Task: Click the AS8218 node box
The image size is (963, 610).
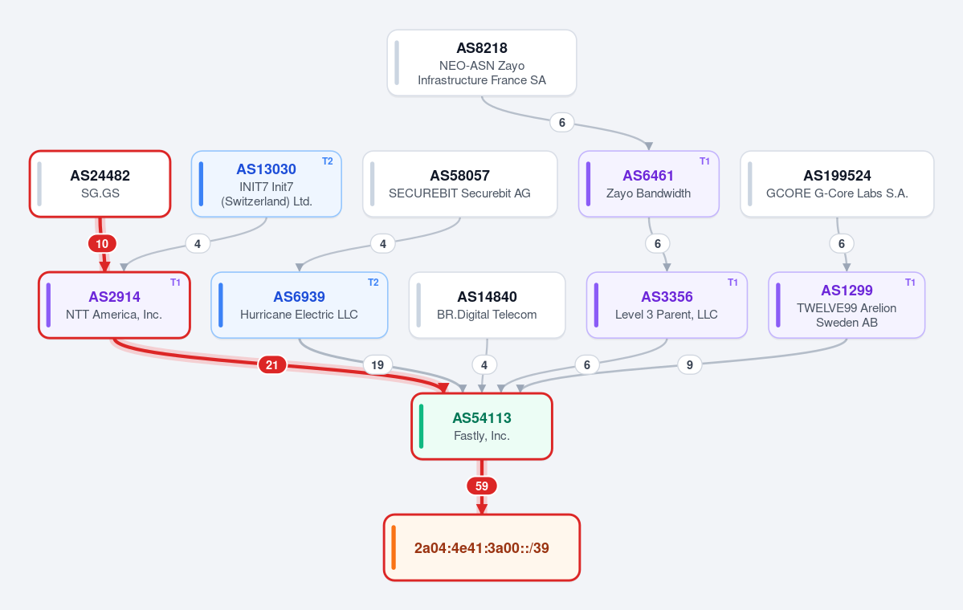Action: click(482, 63)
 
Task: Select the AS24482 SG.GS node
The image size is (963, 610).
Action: click(100, 184)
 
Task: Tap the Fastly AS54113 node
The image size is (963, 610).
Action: click(482, 426)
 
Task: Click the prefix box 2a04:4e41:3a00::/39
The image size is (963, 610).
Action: click(482, 547)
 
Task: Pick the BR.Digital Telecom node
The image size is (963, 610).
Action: click(487, 305)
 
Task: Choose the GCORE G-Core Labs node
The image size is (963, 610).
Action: click(837, 184)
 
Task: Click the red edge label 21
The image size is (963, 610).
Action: click(272, 365)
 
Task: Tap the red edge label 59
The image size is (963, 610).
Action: click(482, 486)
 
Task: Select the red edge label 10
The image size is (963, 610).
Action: click(102, 244)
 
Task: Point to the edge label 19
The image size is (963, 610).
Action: click(377, 365)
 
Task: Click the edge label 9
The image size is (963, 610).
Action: click(690, 365)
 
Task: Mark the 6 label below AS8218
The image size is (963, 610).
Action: click(562, 123)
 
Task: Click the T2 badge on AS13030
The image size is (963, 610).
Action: click(328, 161)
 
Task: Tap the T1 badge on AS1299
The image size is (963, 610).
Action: click(910, 283)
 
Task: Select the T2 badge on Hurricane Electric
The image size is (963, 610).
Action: click(373, 283)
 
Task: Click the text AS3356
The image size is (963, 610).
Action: click(667, 297)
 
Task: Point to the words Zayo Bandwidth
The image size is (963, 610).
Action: click(648, 193)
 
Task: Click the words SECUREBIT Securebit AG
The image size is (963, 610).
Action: click(459, 193)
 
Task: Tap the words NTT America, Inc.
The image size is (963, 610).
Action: click(114, 314)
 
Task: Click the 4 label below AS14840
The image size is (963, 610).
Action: click(484, 365)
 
